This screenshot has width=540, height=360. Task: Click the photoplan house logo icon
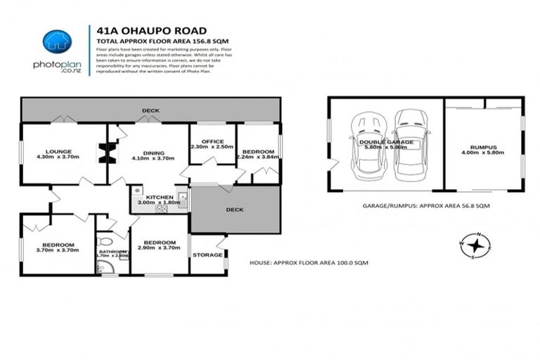pyautogui.click(x=57, y=41)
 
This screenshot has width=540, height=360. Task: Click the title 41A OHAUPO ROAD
pyautogui.click(x=151, y=30)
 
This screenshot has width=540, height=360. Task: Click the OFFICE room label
pyautogui.click(x=212, y=141)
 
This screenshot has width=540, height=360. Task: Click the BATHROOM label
pyautogui.click(x=112, y=251)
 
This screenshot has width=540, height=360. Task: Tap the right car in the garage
pyautogui.click(x=411, y=143)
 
